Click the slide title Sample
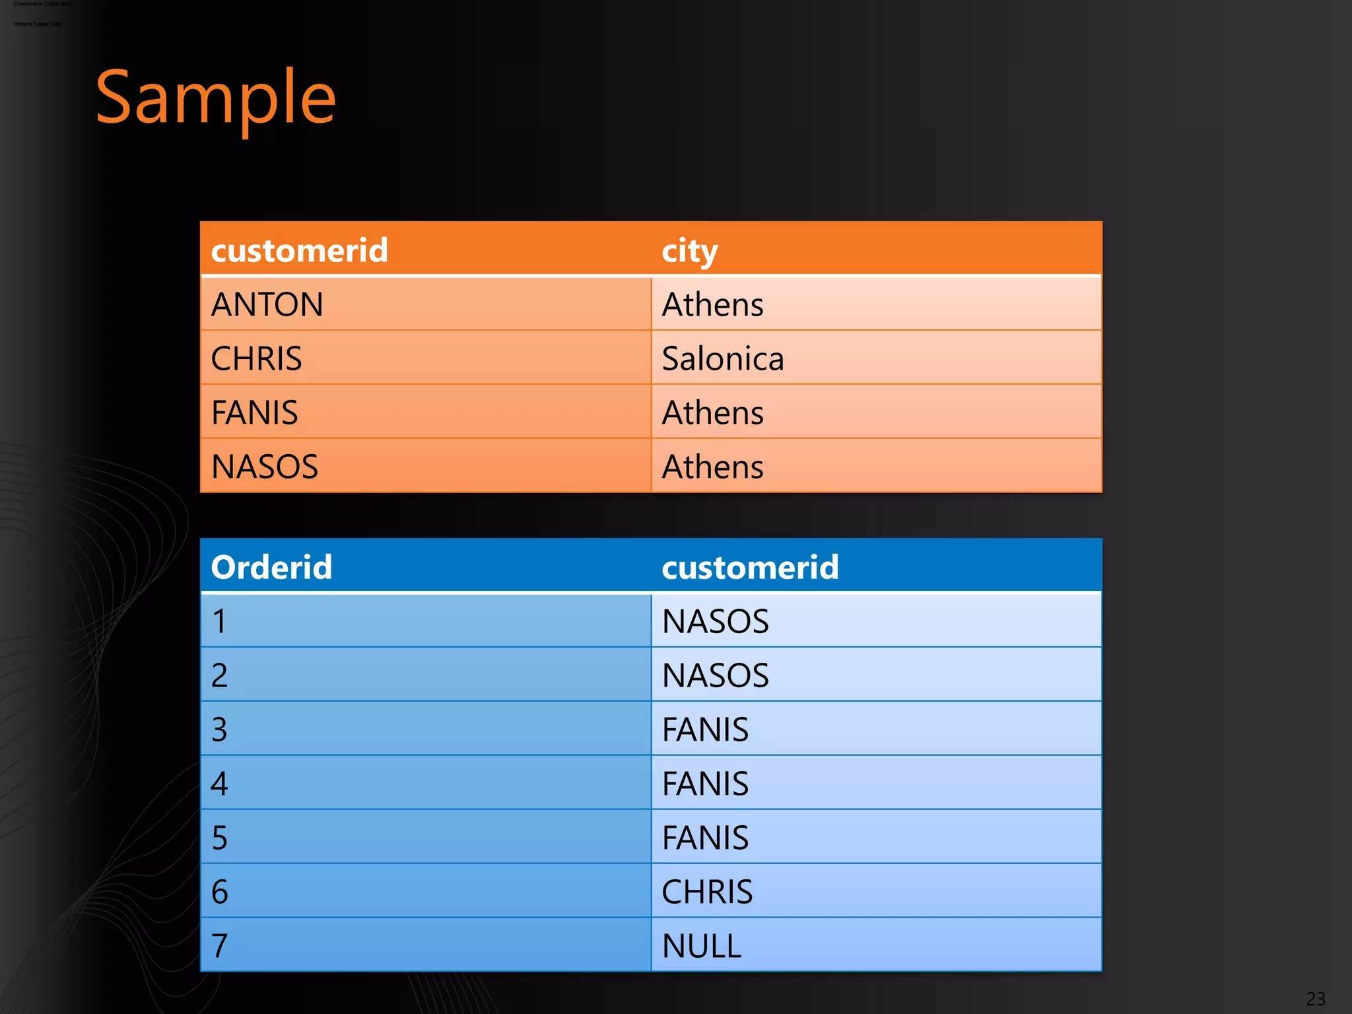click(216, 98)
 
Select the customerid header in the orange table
click(299, 250)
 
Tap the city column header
click(689, 251)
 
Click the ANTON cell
click(267, 304)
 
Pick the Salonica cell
click(723, 358)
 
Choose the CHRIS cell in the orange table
click(256, 358)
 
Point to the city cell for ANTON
click(712, 304)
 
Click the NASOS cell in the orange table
click(265, 467)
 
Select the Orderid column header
click(271, 567)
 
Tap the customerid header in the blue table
click(750, 567)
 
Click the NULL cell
click(702, 946)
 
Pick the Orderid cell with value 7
click(220, 946)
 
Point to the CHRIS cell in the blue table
click(707, 892)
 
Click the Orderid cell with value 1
click(220, 621)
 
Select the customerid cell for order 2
click(716, 675)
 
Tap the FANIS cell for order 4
click(705, 784)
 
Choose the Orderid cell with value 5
click(220, 838)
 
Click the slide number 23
click(1315, 998)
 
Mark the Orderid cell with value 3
click(220, 729)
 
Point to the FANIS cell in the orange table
click(255, 413)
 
